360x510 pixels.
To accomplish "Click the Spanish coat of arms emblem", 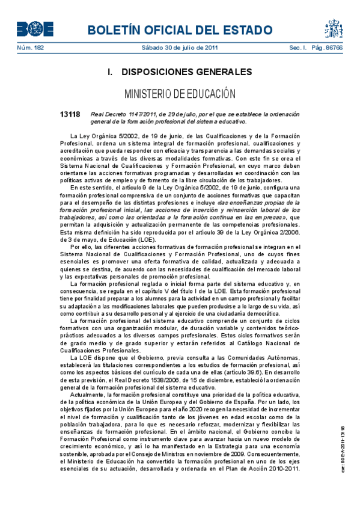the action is click(334, 28).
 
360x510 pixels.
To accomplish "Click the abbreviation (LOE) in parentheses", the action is click(147, 239).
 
